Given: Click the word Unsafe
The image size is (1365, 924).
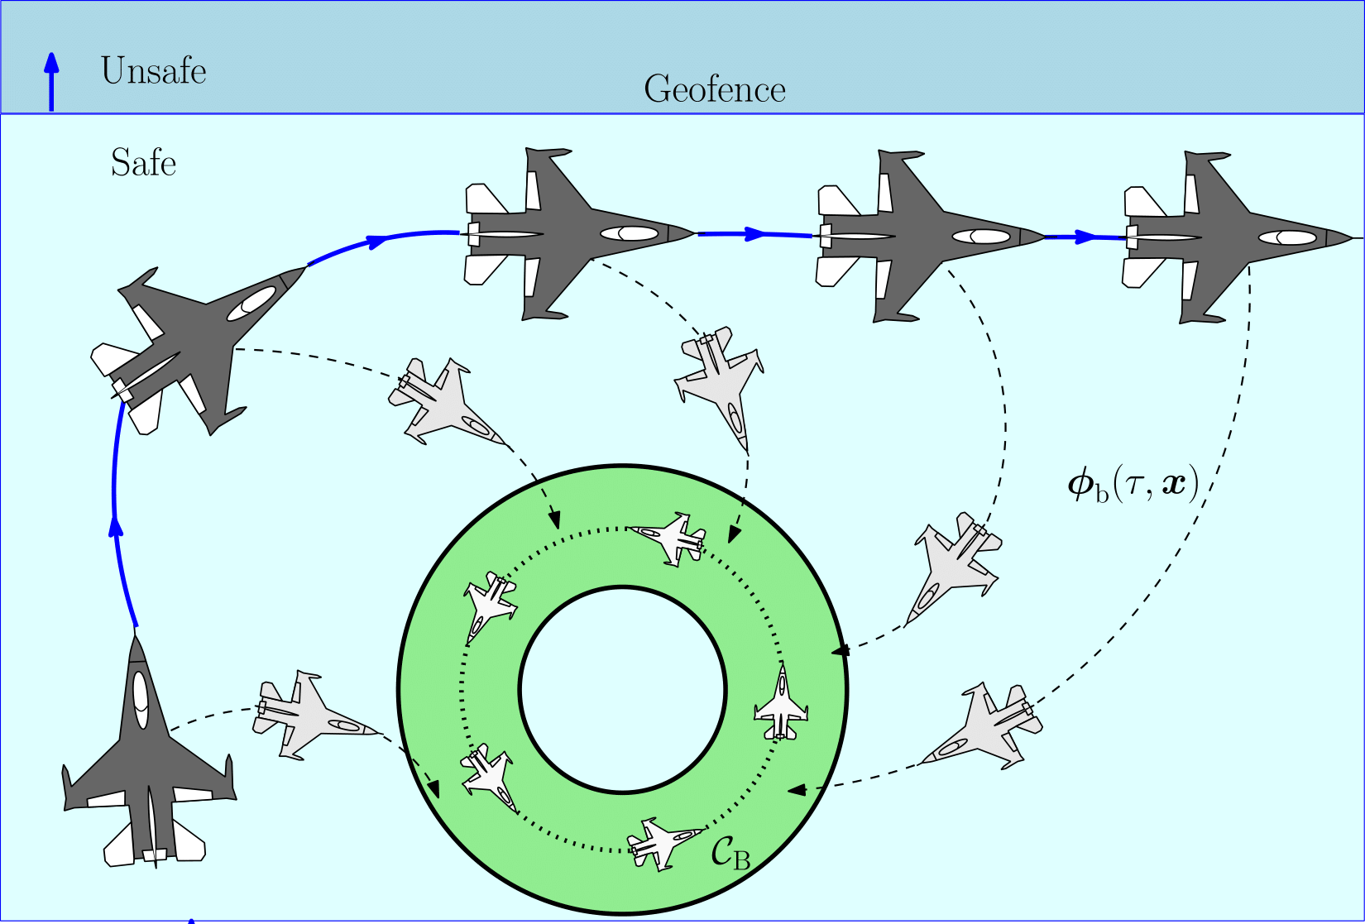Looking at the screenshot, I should pyautogui.click(x=153, y=71).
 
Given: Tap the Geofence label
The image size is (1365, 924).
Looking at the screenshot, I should pyautogui.click(x=715, y=89).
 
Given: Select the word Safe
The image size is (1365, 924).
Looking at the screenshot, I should pyautogui.click(x=143, y=163).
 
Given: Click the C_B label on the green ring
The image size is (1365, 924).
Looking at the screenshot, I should pyautogui.click(x=730, y=853).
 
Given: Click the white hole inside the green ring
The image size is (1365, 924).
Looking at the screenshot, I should pyautogui.click(x=622, y=689).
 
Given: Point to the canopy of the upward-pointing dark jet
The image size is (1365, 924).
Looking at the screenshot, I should pyautogui.click(x=141, y=699).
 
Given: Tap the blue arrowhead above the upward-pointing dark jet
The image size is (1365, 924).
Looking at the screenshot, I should pyautogui.click(x=117, y=527).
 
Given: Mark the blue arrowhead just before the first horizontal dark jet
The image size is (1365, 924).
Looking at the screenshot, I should pyautogui.click(x=376, y=241).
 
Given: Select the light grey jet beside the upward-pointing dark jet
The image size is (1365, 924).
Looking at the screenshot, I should pyautogui.click(x=311, y=715).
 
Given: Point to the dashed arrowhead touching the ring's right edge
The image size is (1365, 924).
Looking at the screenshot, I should pyautogui.click(x=841, y=650).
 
